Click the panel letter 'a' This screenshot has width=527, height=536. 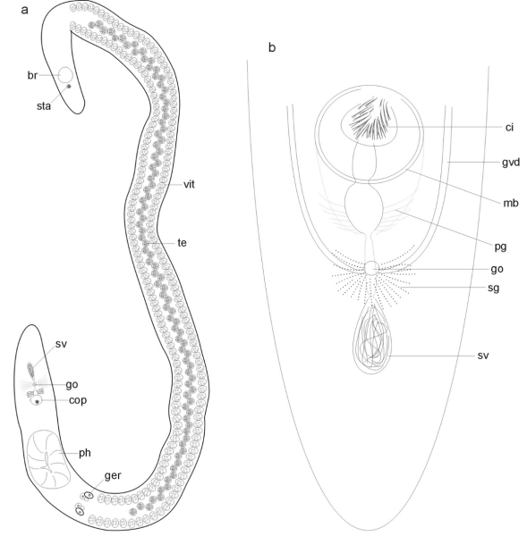click(x=24, y=10)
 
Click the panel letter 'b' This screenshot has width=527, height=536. click(x=272, y=47)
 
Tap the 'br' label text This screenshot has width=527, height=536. click(x=32, y=75)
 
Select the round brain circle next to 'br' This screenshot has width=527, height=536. click(x=65, y=75)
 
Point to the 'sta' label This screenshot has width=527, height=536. click(x=44, y=106)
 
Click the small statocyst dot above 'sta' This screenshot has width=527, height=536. click(x=69, y=86)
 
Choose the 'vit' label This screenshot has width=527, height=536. click(x=189, y=185)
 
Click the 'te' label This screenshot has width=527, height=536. click(x=183, y=243)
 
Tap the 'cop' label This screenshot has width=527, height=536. click(x=78, y=400)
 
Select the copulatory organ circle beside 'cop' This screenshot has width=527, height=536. click(x=36, y=400)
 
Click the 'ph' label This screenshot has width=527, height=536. click(x=85, y=453)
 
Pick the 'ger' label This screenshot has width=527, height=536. click(x=113, y=475)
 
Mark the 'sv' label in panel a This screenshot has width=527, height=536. click(x=61, y=344)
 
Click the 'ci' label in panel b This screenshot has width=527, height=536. click(x=509, y=127)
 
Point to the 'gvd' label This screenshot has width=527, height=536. click(x=511, y=163)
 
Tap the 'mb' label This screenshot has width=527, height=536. click(x=511, y=203)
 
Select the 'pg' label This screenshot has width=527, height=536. click(x=501, y=247)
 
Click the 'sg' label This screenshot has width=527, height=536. click(x=493, y=288)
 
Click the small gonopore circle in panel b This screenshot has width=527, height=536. click(x=371, y=268)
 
